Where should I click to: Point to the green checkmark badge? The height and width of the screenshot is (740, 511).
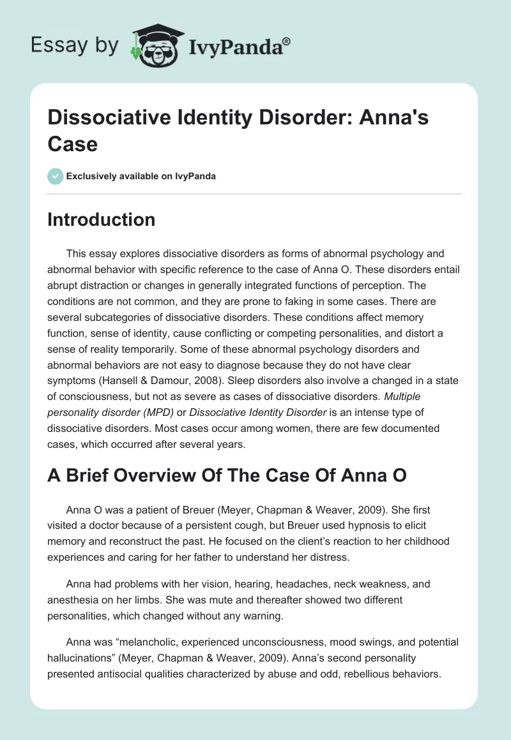coord(55,176)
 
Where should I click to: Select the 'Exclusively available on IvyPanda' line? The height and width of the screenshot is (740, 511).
coord(141,176)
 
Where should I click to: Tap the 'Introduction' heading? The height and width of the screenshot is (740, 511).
coord(102,220)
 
